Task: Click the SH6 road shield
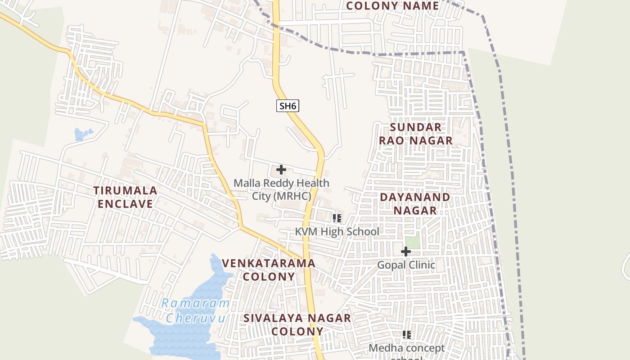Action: [288, 106]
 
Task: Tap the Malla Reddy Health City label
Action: [281, 189]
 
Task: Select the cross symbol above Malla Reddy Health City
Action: [281, 170]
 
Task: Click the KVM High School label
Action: [337, 232]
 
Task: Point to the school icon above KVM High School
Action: [337, 219]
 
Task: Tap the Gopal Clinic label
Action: [406, 265]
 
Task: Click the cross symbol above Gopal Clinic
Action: [406, 252]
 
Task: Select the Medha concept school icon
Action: [407, 335]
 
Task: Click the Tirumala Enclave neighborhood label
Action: [126, 197]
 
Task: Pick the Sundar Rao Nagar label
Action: [415, 134]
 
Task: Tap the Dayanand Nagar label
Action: [415, 203]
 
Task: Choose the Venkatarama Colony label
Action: [269, 270]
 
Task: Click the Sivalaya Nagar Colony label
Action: [297, 324]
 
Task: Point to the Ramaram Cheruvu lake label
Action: [195, 310]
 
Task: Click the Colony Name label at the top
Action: [392, 6]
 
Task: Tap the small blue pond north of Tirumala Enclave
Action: [83, 134]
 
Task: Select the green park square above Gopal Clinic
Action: [412, 240]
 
